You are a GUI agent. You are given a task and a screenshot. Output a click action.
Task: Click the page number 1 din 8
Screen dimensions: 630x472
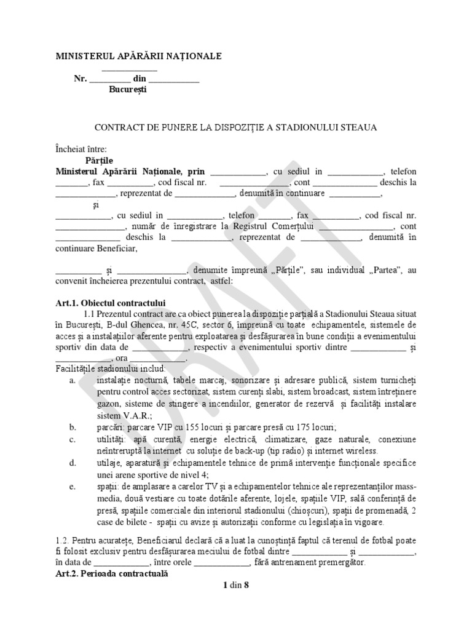pyautogui.click(x=236, y=585)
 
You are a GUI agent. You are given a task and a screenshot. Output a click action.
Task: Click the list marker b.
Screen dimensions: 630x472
pyautogui.click(x=73, y=427)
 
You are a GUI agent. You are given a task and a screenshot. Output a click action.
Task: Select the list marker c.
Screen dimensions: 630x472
pyautogui.click(x=73, y=439)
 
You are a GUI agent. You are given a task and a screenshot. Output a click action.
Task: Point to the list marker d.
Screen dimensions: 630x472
pyautogui.click(x=73, y=462)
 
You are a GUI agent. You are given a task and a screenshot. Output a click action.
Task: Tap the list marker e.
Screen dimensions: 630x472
pyautogui.click(x=73, y=485)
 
